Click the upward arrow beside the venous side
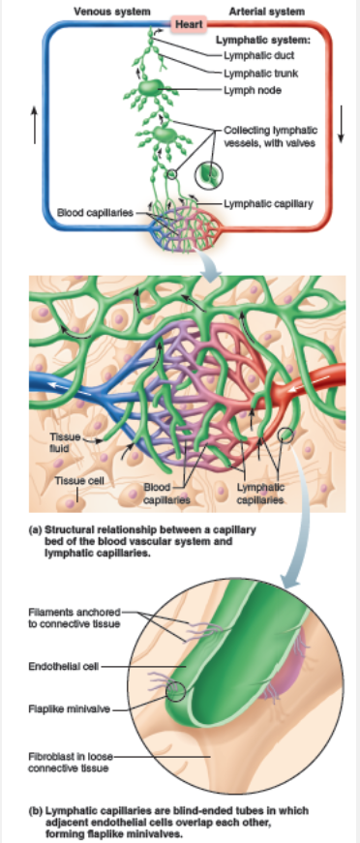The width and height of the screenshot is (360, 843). pos(34,121)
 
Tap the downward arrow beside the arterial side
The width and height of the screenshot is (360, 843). pos(342,130)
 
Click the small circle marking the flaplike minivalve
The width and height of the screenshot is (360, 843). pos(177,690)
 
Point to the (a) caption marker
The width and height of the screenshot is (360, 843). pos(36,529)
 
